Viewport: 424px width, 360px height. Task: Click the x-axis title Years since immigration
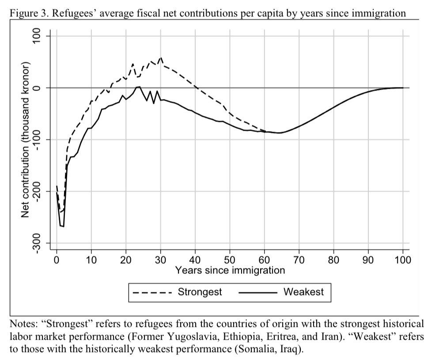(x=230, y=270)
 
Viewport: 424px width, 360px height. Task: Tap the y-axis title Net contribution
(x=25, y=140)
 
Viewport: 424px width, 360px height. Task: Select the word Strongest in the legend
(x=200, y=292)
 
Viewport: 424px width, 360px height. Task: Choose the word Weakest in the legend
(x=303, y=292)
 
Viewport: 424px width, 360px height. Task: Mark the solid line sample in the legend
(x=257, y=292)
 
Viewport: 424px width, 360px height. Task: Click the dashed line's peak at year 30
(x=161, y=57)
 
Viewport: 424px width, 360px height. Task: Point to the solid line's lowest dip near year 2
(x=63, y=227)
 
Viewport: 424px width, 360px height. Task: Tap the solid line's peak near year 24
(x=139, y=87)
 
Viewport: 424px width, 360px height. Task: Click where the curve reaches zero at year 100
(x=402, y=87)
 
